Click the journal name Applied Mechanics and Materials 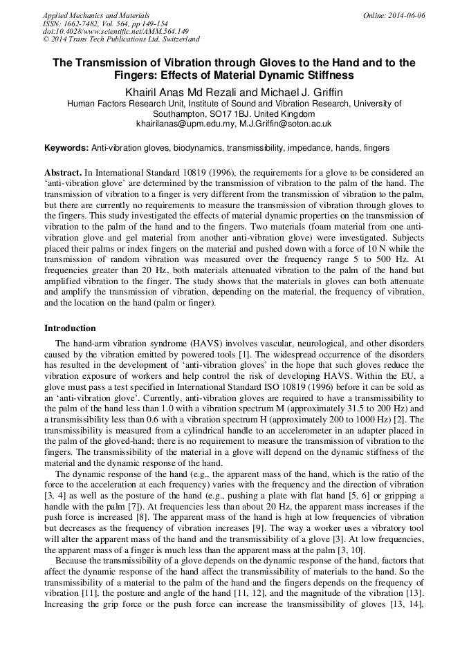[96, 15]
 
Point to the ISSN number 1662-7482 [84, 24]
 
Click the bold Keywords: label [66, 148]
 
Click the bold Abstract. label [62, 171]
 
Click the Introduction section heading [70, 328]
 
